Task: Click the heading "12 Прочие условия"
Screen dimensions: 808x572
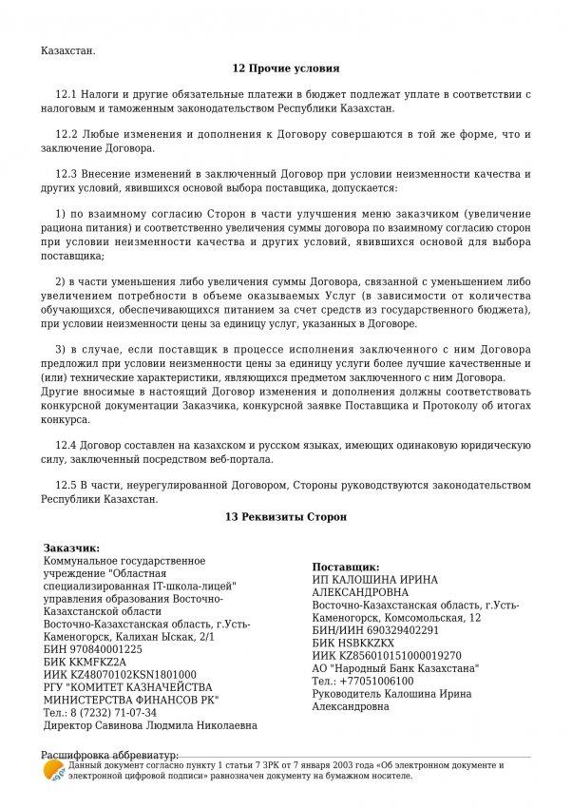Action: point(285,68)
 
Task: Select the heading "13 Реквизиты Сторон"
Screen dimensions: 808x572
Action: point(286,517)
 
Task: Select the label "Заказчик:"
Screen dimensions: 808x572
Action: point(71,548)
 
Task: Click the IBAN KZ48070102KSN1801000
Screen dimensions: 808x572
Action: point(127,674)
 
